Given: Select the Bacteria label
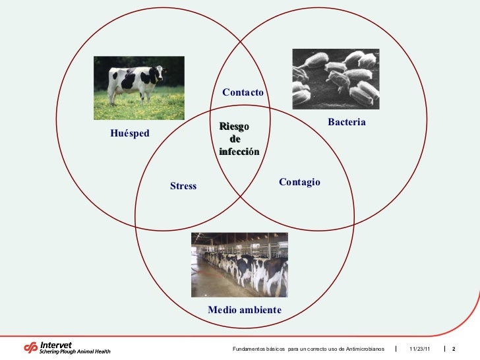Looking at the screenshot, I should [x=346, y=123].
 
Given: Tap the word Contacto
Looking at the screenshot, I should [x=243, y=93].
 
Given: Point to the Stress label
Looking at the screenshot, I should [x=183, y=186].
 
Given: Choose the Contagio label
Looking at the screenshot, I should [x=299, y=181].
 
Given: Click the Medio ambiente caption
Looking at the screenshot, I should [x=244, y=310].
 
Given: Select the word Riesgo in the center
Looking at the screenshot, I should [x=234, y=127].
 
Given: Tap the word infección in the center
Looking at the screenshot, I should [x=239, y=152].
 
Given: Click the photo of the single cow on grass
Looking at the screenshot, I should [x=138, y=88].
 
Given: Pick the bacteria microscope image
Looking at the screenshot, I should [x=336, y=78].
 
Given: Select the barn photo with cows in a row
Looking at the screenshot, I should [x=239, y=264].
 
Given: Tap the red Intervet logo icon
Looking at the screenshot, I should [x=31, y=347].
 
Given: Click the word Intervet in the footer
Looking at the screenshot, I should [x=56, y=344].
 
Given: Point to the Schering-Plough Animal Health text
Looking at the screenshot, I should [x=75, y=352].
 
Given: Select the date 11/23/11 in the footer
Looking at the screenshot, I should [x=419, y=348].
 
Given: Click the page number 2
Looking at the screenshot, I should [x=454, y=348].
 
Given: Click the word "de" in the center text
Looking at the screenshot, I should [x=235, y=139].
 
